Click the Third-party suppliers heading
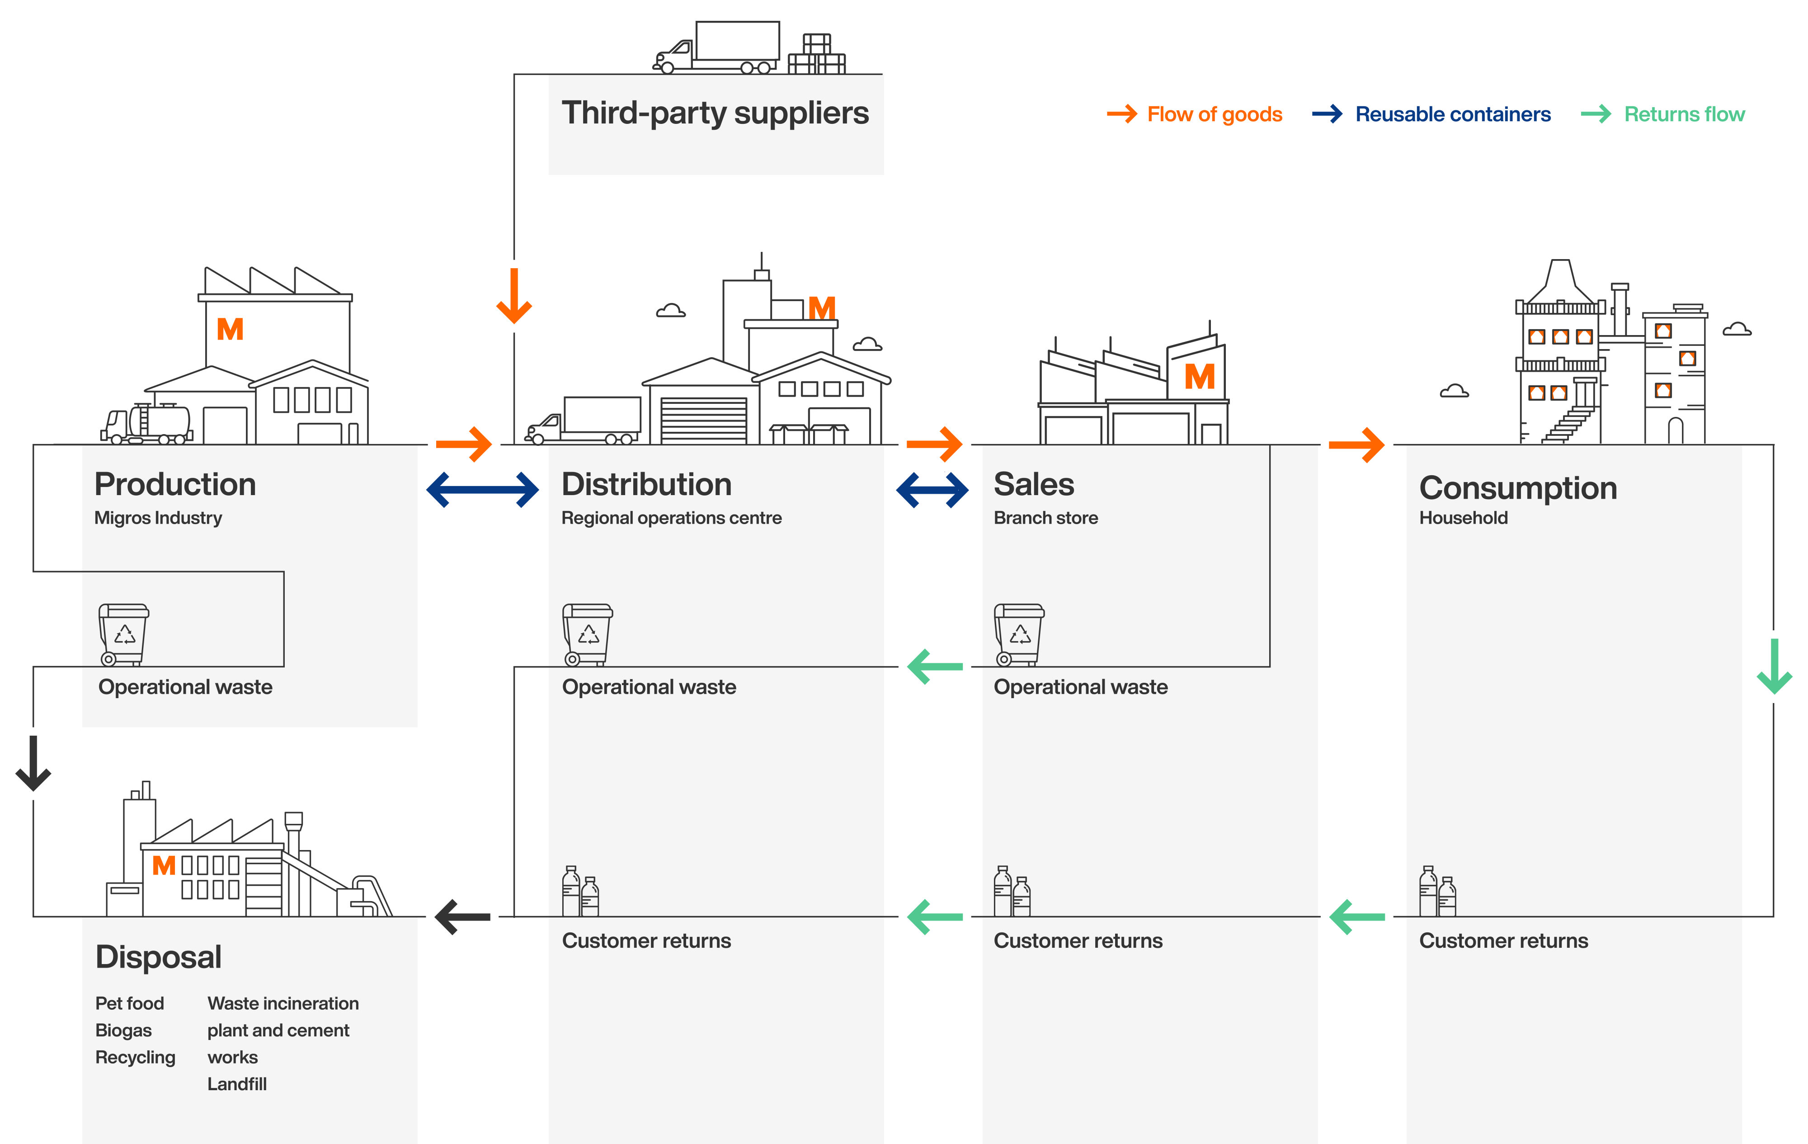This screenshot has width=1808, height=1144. click(x=715, y=113)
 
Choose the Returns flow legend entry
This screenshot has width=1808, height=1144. click(x=1663, y=114)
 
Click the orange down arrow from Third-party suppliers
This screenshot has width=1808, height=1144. click(x=514, y=296)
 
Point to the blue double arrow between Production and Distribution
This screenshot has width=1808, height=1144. click(x=482, y=490)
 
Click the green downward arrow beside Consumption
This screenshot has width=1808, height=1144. click(x=1774, y=666)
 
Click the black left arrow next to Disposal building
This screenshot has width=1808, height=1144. click(x=462, y=917)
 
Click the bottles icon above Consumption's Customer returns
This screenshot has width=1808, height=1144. click(x=1437, y=892)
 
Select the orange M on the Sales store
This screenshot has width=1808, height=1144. click(x=1199, y=377)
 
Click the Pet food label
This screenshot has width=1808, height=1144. click(x=129, y=1003)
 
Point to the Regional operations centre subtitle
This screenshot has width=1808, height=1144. click(x=671, y=518)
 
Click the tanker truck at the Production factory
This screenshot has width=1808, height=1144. click(x=147, y=425)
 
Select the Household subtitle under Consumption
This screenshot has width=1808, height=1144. click(x=1463, y=518)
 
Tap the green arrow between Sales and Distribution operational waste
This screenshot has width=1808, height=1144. click(x=935, y=666)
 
